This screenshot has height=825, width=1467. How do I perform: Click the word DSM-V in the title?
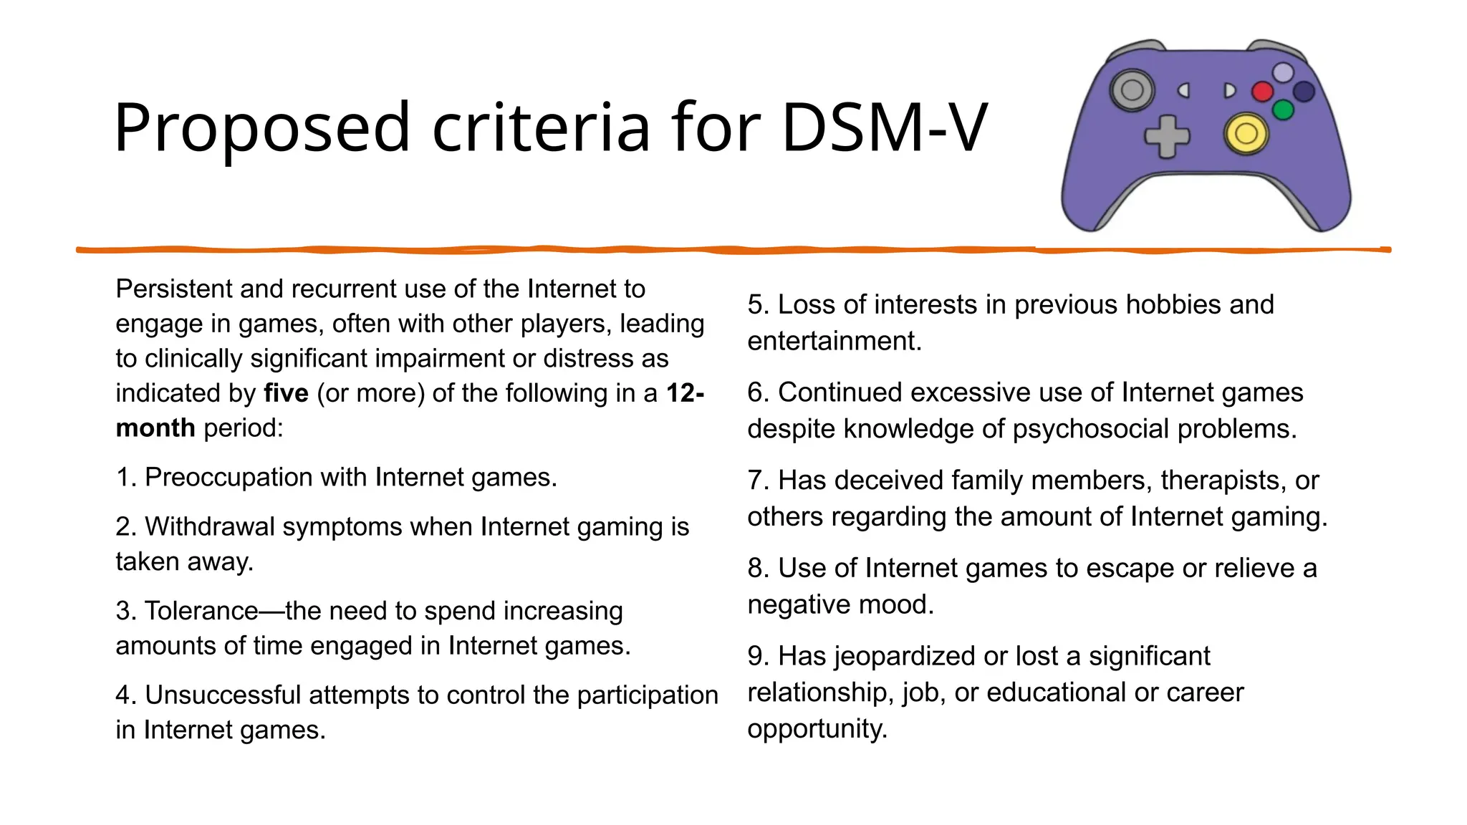pos(884,128)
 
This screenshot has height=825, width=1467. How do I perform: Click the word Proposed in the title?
pos(261,128)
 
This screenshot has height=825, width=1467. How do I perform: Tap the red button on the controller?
pos(1261,92)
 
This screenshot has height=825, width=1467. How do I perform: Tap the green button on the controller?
pos(1282,110)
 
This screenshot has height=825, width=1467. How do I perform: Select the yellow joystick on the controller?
pos(1246,134)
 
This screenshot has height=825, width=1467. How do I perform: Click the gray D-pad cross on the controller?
pos(1166,136)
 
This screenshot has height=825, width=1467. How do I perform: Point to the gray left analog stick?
pos(1132,90)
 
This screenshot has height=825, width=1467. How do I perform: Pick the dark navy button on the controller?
pos(1304,92)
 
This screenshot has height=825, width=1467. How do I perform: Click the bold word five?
pos(286,393)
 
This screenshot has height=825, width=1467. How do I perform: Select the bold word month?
pos(155,428)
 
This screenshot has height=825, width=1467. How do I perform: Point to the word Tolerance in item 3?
pos(201,611)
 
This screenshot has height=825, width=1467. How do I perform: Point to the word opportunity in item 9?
pos(817,729)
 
